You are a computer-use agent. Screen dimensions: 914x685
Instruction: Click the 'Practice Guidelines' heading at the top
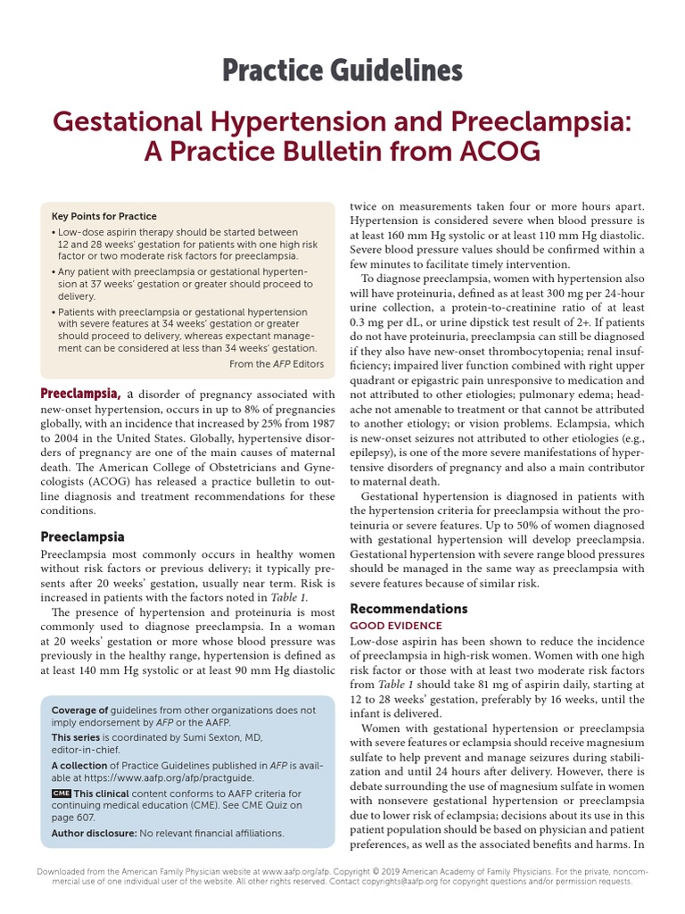[342, 70]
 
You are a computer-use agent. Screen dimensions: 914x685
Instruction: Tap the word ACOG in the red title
[498, 153]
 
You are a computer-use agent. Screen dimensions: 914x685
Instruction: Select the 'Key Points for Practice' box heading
[104, 216]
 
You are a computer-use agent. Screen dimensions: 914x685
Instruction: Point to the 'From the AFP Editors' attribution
[276, 363]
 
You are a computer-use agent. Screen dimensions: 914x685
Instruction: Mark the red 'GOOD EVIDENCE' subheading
[395, 627]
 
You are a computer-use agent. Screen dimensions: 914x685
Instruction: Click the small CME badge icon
[61, 794]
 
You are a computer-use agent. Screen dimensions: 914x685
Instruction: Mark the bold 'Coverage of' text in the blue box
[79, 710]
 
